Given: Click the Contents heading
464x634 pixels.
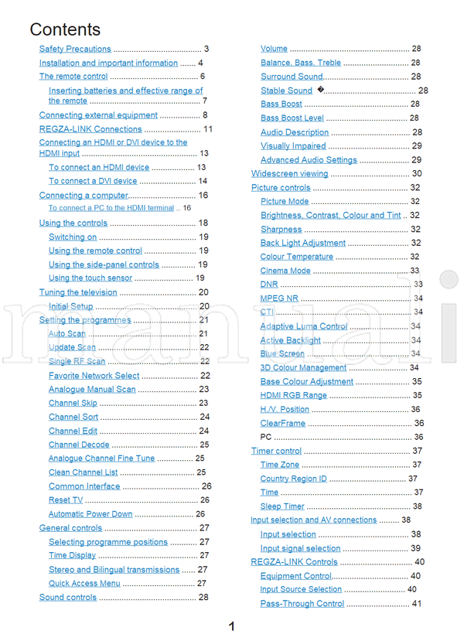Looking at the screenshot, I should pos(65,29).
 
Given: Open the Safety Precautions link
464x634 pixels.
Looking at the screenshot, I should pos(75,49).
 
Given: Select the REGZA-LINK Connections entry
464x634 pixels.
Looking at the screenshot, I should pos(90,129).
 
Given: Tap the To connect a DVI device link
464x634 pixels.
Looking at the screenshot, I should pos(93,181).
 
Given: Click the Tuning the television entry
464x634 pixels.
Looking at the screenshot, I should pos(78,292).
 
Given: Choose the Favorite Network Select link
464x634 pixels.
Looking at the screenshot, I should pos(94,376).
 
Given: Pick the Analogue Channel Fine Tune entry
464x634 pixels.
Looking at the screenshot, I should pos(101,458).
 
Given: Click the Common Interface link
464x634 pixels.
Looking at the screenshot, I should pos(84,486).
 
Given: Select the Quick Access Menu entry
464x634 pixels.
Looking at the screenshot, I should pos(84,584).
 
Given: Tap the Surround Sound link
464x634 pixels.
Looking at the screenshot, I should pos(292,77).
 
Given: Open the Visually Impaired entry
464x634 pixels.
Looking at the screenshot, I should pos(293,146).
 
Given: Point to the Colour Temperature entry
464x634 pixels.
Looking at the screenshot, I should pos(297,257).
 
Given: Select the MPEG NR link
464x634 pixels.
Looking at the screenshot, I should pos(278,298).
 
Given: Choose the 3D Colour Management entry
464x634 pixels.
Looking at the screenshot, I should pos(303,368).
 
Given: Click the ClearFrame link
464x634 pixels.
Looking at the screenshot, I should pos(283,424).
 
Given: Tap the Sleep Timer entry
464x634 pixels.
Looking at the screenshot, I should pos(282,506).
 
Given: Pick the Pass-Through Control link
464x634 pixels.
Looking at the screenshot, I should pos(302,604).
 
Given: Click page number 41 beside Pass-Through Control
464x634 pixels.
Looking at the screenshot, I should pos(417,604).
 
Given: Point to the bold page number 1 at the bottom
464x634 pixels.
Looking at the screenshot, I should pos(231,626).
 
